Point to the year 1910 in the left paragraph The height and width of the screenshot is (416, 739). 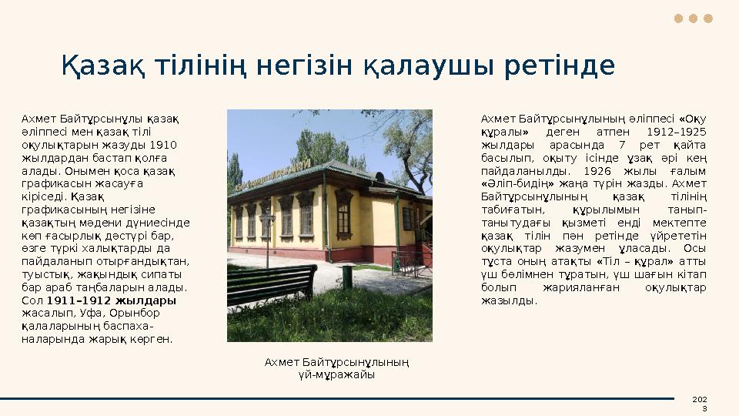pyautogui.click(x=162, y=144)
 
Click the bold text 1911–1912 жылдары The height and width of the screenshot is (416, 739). pyautogui.click(x=112, y=300)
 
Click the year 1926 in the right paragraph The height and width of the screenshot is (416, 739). pyautogui.click(x=600, y=170)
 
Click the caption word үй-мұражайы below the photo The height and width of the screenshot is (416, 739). pyautogui.click(x=336, y=374)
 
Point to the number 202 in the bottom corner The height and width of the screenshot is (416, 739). pyautogui.click(x=699, y=398)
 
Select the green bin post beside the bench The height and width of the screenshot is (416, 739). pyautogui.click(x=347, y=276)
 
